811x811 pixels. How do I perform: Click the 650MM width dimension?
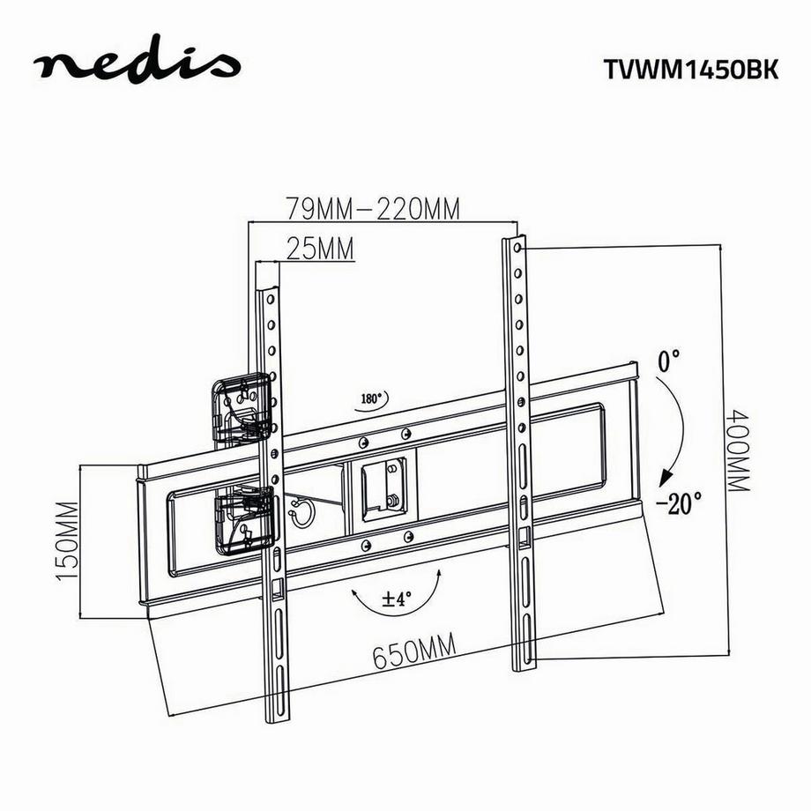414,654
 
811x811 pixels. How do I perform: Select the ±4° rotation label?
398,599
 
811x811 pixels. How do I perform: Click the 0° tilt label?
670,360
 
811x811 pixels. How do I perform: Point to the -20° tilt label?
679,503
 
